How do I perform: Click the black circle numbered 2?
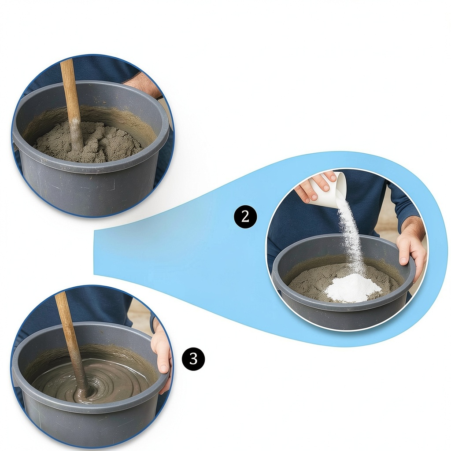[245, 216]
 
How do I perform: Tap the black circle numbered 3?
[194, 359]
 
